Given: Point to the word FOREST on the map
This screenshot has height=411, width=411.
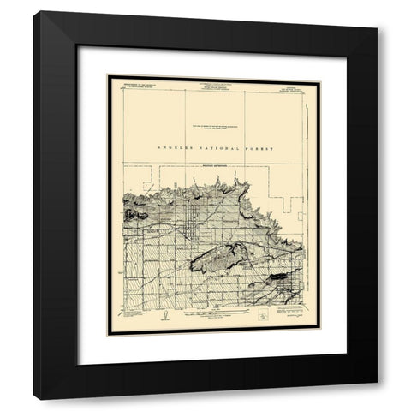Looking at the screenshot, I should click(257, 148).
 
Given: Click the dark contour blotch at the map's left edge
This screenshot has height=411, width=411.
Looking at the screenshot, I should click(128, 214).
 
